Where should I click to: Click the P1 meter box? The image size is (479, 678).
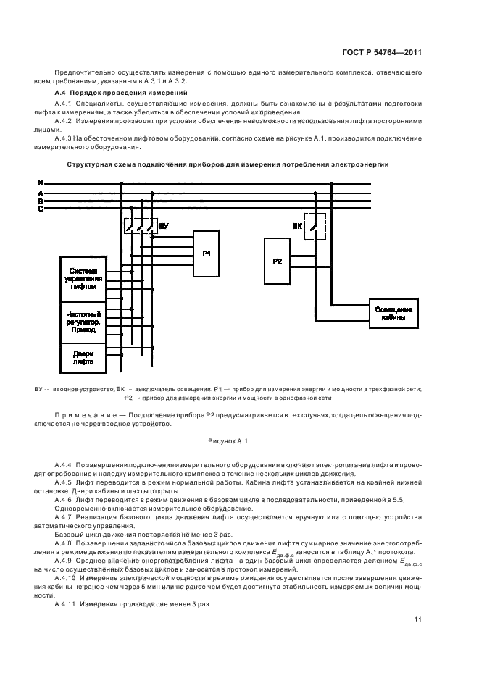coord(206,254)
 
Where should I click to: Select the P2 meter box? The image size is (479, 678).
coord(278,261)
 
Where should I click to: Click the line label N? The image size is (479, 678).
coord(41,183)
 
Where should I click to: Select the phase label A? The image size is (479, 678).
coord(41,193)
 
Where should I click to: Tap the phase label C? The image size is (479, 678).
coord(41,209)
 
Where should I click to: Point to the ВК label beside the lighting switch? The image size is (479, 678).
coord(297,226)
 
